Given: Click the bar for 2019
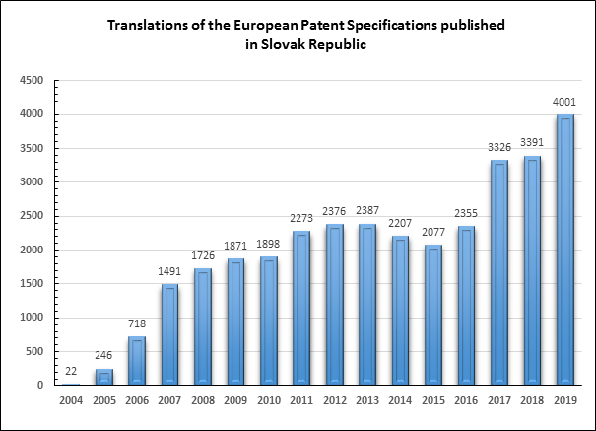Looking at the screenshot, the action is pos(565,250).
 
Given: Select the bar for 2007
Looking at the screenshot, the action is pos(169,334).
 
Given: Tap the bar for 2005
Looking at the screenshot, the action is pos(104,377).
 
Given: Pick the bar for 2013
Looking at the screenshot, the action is pos(367,305).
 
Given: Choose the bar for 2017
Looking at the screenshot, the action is pos(499,272).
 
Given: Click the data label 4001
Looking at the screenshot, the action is pos(564,102).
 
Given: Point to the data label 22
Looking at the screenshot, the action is pos(71,371).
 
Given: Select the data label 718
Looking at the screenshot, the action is pos(137,323).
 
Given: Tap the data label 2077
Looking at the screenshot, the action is pos(433,232).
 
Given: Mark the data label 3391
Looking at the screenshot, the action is pos(532,142).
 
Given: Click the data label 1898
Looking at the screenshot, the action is pos(268,244).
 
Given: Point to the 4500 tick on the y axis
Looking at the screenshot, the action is pos(32,81).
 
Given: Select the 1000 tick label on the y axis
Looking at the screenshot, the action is pos(32,318).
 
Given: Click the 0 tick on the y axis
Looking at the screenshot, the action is pos(40,385).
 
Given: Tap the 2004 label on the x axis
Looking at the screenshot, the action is pos(71,400).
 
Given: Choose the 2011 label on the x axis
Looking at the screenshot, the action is pos(301,400).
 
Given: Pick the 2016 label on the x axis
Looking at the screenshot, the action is pos(466,400).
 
